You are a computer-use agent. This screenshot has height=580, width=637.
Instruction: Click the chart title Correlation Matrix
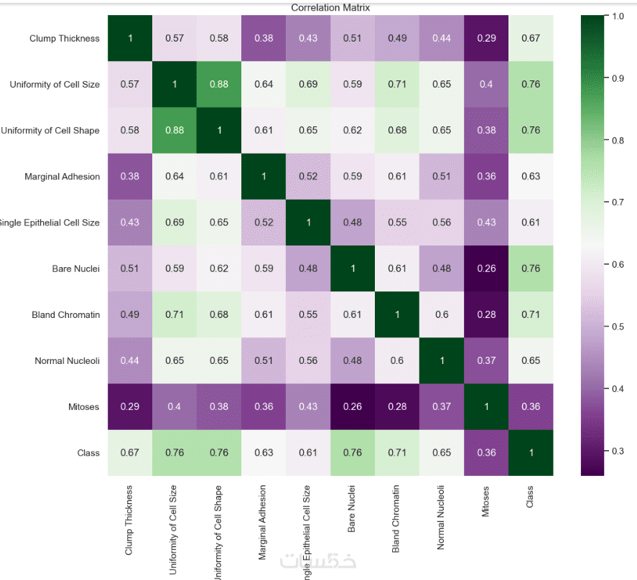(x=330, y=8)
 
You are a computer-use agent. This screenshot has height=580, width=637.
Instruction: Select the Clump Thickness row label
(x=65, y=38)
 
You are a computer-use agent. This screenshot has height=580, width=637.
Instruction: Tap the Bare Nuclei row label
(x=76, y=269)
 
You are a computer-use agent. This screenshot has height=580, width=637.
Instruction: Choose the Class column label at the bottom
(x=531, y=495)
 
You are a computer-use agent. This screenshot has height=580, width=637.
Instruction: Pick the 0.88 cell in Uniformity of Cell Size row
(x=219, y=84)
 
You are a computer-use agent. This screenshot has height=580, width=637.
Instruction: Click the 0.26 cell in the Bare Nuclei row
(x=486, y=269)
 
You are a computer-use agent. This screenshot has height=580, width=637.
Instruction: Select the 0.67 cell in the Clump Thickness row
(x=531, y=38)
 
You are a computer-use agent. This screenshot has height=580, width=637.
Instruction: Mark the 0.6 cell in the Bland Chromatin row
(x=442, y=315)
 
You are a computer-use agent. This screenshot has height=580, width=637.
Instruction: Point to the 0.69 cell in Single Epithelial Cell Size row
(x=175, y=223)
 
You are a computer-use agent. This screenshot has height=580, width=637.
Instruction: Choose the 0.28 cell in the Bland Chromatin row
(x=486, y=315)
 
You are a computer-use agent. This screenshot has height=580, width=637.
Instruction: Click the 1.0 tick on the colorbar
(x=616, y=16)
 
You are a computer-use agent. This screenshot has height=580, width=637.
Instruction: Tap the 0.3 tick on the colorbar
(x=616, y=451)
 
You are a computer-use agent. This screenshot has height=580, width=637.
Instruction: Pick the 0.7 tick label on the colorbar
(x=616, y=202)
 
